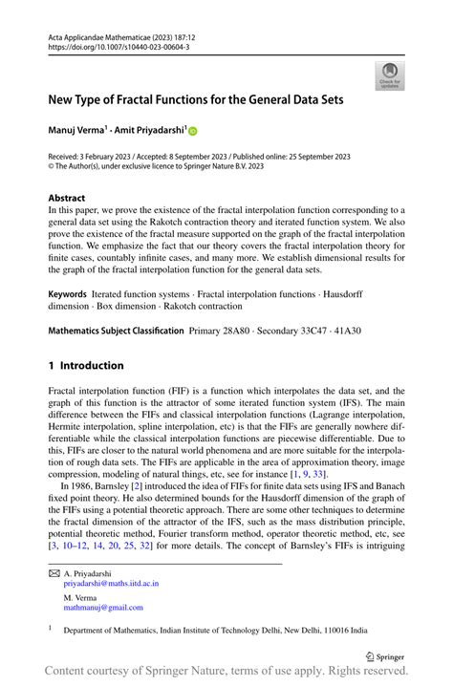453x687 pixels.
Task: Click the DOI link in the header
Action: point(119,45)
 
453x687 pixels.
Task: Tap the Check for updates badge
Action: point(390,76)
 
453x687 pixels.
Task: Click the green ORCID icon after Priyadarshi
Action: point(192,130)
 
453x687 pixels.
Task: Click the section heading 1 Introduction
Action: point(86,365)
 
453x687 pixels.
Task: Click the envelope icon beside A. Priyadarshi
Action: point(54,572)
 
